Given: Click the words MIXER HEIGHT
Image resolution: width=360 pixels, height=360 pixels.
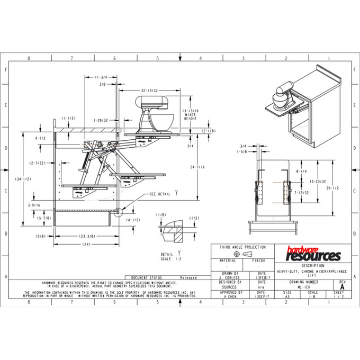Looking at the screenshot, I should pos(190,116).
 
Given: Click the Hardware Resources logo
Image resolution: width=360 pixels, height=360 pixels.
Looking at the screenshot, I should pos(313,255).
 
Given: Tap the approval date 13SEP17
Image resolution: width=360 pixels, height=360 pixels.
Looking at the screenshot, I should pos(261,296).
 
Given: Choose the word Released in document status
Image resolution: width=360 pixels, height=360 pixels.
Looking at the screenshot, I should pos(188,277).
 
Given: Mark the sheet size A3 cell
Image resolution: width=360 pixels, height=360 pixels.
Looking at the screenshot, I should pos(287,296).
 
